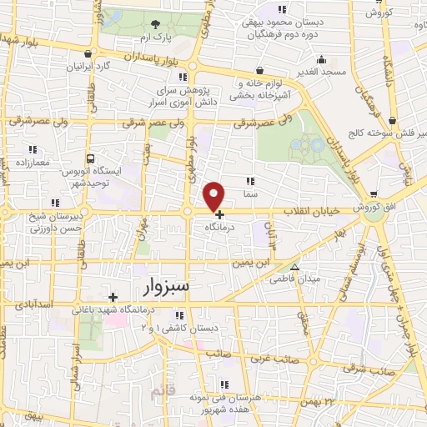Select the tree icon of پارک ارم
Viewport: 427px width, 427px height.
(156, 24)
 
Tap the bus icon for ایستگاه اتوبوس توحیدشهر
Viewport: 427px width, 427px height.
(89, 158)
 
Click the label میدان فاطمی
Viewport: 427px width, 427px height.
(292, 279)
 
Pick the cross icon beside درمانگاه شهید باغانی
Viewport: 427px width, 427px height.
(113, 296)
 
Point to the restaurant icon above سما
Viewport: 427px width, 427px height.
(250, 180)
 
